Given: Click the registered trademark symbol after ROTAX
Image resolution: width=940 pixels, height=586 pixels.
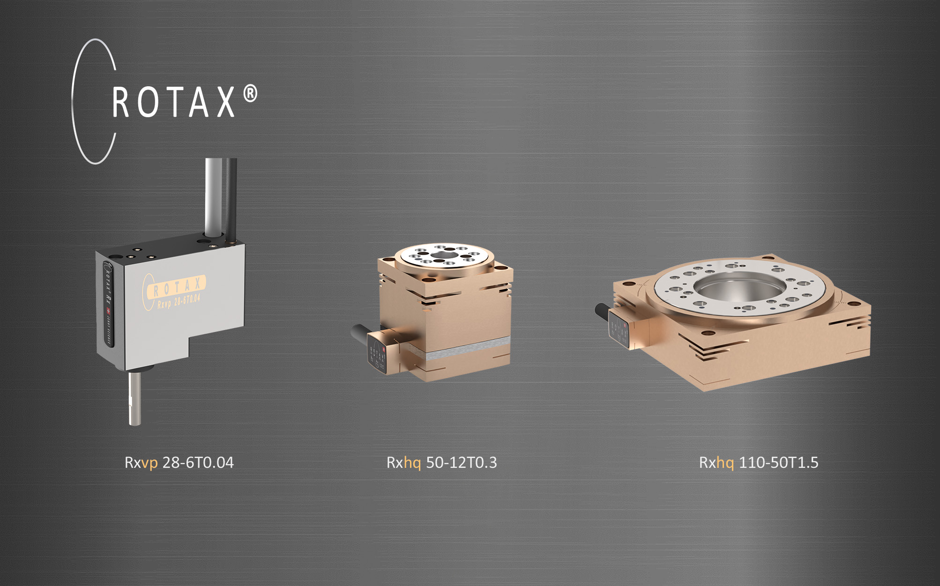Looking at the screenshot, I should click(251, 94).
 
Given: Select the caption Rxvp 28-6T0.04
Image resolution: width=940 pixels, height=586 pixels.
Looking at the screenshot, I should click(179, 463).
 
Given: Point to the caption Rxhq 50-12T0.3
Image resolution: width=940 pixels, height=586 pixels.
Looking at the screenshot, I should click(441, 463).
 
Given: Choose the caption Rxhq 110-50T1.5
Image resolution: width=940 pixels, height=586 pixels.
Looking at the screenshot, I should click(758, 463).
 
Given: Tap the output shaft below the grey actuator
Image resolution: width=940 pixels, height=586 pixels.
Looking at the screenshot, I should click(135, 398).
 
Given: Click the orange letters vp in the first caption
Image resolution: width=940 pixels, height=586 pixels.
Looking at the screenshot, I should click(149, 463).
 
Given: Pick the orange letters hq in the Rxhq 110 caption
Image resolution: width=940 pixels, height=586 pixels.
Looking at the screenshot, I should click(725, 463).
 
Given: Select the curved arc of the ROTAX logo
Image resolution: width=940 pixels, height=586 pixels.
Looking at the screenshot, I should click(75, 101).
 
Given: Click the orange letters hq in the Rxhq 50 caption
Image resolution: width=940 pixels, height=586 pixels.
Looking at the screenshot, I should click(412, 463).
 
